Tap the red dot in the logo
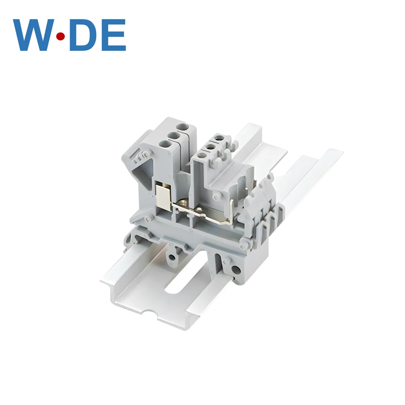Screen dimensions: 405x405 pos(61,37)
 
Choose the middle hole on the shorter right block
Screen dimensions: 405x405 pos(210,146)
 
